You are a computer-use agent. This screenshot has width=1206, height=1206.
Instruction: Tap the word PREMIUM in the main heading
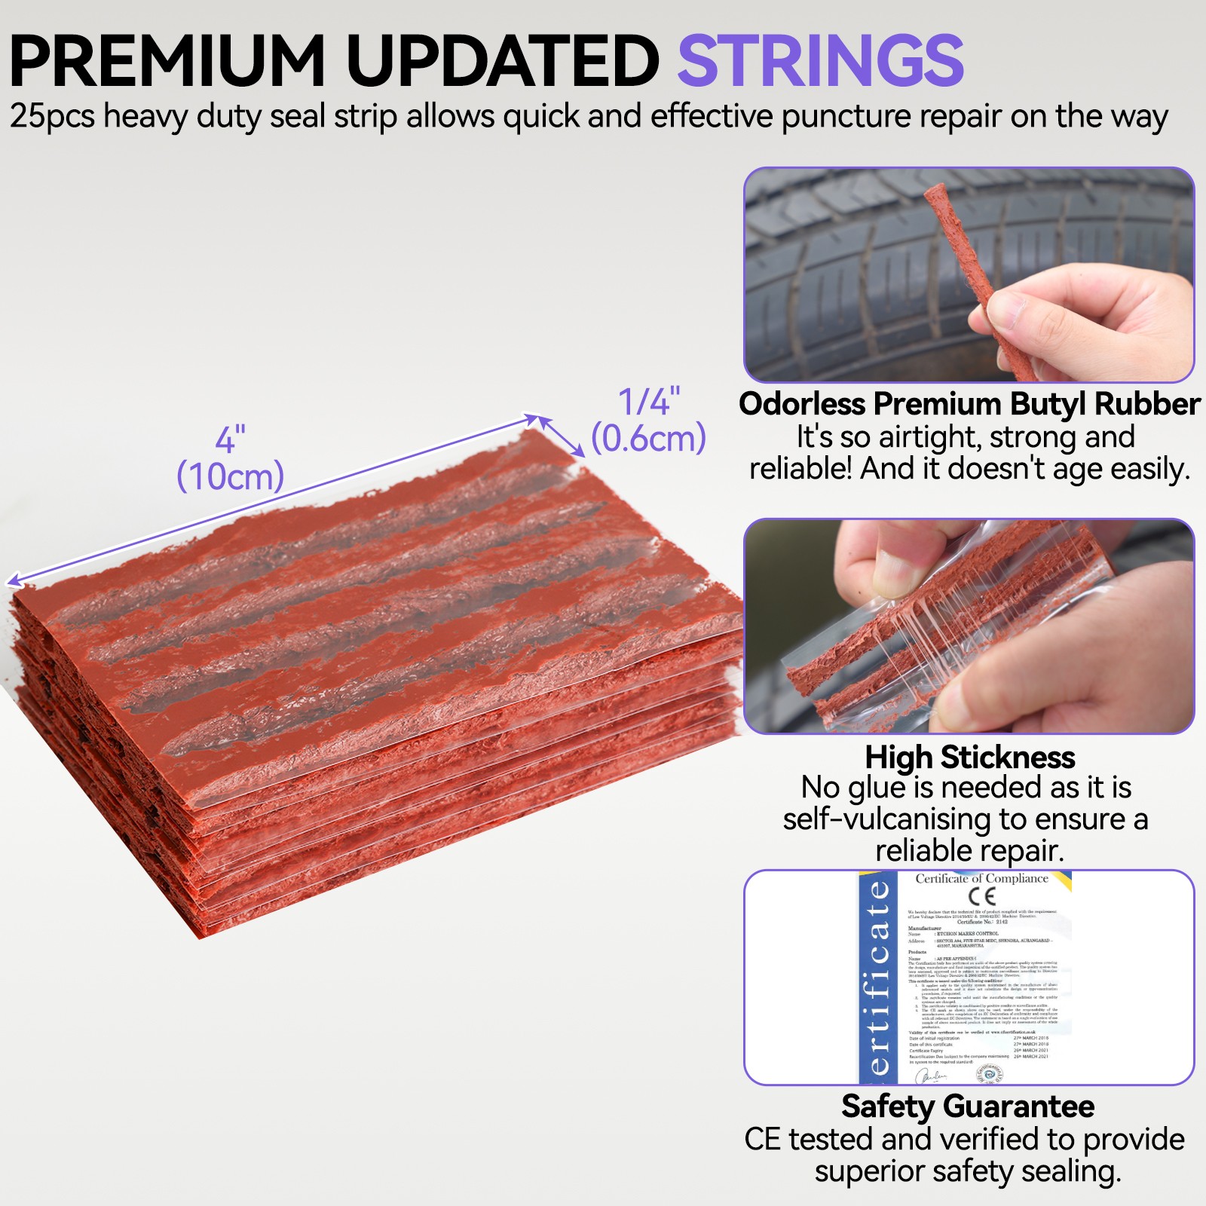167,62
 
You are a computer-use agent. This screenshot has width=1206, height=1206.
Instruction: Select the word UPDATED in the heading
502,62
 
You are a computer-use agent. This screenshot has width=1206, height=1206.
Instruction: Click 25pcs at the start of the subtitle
51,117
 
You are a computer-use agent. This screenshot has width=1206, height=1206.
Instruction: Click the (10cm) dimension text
230,476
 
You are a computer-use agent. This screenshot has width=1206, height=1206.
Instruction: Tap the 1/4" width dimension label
649,402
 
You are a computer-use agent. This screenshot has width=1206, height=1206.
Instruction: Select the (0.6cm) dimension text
648,439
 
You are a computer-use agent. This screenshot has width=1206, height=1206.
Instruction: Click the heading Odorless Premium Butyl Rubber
969,404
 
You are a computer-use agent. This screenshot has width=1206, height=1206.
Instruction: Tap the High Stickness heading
969,757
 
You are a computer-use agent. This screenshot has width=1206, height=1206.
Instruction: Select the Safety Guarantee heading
968,1107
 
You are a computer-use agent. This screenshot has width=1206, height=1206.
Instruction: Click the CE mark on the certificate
982,896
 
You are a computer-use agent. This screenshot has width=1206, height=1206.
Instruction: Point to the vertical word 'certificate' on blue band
878,980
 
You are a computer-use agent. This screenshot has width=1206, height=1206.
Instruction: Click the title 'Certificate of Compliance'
981,878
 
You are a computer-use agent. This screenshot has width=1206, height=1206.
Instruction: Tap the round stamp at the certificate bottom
990,1074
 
